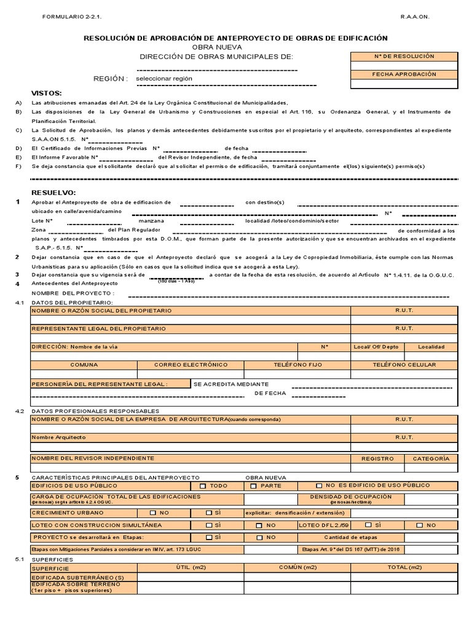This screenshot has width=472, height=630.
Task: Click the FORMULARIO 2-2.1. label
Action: click(x=69, y=17)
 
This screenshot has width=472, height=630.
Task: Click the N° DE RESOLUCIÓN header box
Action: click(x=404, y=57)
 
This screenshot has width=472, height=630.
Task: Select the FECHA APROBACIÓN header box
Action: click(x=404, y=74)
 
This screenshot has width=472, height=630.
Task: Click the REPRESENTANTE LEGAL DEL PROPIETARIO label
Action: click(x=99, y=329)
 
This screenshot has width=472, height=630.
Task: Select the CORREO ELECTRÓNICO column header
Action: click(x=191, y=365)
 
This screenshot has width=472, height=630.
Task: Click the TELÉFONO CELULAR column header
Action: click(x=404, y=365)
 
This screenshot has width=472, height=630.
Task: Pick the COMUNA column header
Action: click(x=84, y=365)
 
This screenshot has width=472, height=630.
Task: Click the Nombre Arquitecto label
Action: click(x=59, y=437)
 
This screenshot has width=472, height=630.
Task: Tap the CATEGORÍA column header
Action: click(x=431, y=459)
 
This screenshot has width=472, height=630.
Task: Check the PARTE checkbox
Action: click(x=253, y=486)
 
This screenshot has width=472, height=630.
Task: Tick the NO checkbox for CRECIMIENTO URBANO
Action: click(x=153, y=512)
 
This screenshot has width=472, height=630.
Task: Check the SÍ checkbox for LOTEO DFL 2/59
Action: click(x=368, y=525)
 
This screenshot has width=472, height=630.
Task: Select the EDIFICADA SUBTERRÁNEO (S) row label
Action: click(x=78, y=578)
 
